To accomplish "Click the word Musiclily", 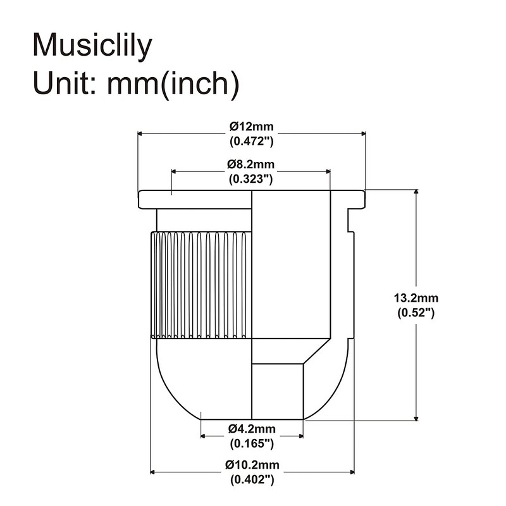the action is point(92,46).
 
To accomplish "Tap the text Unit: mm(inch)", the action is point(135,82).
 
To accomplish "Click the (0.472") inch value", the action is point(252,141).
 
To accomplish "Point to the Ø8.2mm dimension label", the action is point(251,164).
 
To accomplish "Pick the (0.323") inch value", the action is point(251,179).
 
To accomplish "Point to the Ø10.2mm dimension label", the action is point(252,466).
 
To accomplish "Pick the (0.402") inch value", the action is point(252,480).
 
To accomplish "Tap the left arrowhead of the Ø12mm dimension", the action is point(142,133).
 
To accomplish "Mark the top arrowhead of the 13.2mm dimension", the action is point(416,192).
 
